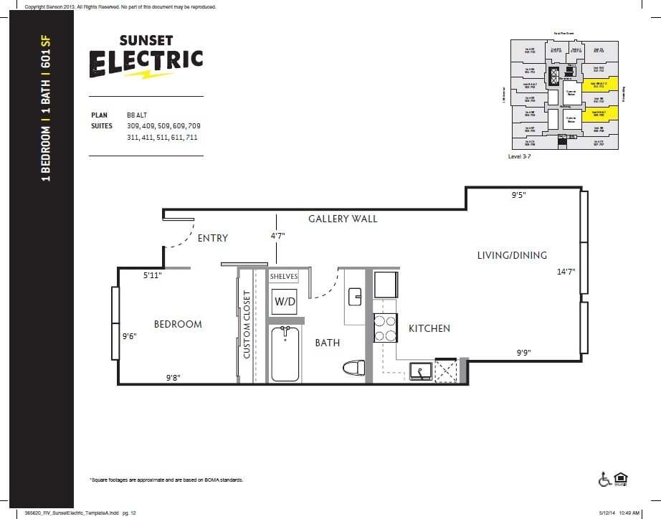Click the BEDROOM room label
click(x=178, y=324)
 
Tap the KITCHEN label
click(x=429, y=328)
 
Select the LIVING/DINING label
click(x=512, y=255)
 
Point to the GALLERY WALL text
click(x=343, y=219)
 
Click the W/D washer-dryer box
click(x=285, y=302)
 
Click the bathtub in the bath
click(x=285, y=353)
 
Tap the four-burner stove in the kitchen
click(x=385, y=328)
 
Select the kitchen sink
click(x=419, y=370)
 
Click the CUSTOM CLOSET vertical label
click(x=247, y=324)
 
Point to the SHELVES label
click(x=284, y=277)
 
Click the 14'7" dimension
click(x=566, y=272)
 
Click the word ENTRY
click(x=212, y=238)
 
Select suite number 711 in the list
click(x=190, y=137)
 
